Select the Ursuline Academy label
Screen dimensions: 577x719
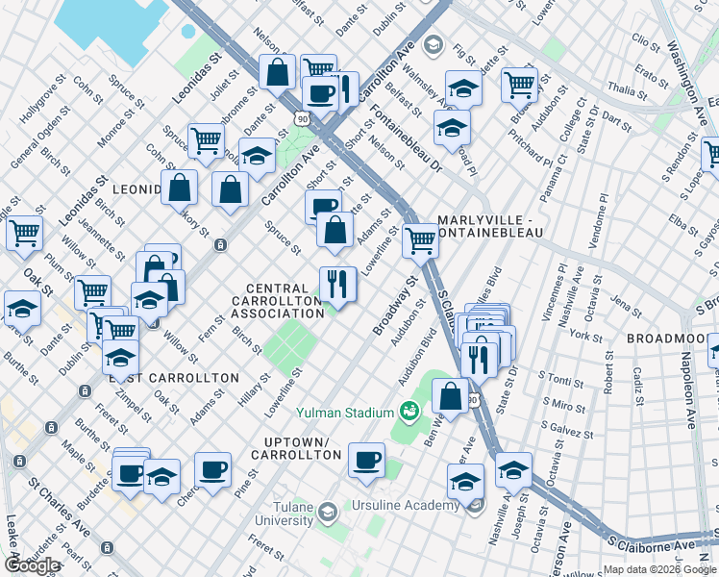pyautogui.click(x=406, y=506)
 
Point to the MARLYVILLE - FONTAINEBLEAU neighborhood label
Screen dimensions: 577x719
pyautogui.click(x=491, y=226)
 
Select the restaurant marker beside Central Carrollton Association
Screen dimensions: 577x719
pyautogui.click(x=337, y=284)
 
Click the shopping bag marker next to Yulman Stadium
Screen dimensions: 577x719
pyautogui.click(x=449, y=394)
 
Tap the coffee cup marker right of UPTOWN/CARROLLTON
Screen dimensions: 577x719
pyautogui.click(x=366, y=459)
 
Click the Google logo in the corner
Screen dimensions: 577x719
pyautogui.click(x=32, y=565)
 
